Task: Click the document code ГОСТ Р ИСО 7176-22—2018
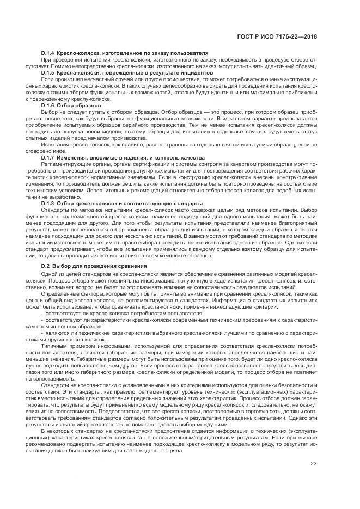[277, 36]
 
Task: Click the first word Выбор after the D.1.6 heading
[49, 111]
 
